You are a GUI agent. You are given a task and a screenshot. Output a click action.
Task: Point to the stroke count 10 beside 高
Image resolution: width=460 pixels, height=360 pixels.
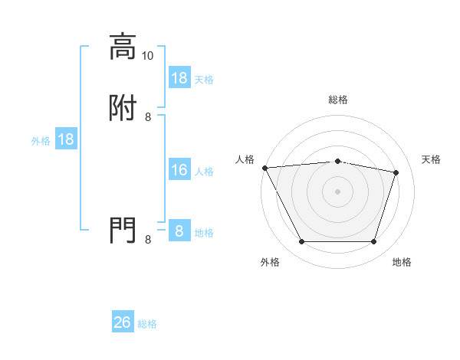coord(148,55)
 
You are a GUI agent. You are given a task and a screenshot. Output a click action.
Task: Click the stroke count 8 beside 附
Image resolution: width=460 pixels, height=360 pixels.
coord(148,116)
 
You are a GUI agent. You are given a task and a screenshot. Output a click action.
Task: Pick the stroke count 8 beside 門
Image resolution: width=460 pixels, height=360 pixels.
coord(148,239)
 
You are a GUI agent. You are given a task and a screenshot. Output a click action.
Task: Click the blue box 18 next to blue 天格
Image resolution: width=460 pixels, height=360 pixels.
coord(179,77)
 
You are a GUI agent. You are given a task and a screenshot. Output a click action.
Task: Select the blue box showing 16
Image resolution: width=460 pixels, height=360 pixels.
coord(179,170)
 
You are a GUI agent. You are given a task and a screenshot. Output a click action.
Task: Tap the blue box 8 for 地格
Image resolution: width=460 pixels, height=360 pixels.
coord(179,231)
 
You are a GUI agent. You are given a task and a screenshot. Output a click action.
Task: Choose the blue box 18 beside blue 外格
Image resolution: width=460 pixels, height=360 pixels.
coord(66,139)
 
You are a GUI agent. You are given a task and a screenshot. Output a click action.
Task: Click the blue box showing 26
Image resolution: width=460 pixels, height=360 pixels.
coord(123,322)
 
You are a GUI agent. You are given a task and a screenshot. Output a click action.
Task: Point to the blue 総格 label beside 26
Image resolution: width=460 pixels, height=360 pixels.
coord(147,324)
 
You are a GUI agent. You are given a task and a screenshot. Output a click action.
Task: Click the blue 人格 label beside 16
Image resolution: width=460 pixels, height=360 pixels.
coord(204,172)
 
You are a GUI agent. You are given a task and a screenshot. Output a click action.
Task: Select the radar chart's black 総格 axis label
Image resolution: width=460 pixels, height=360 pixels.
coord(338,100)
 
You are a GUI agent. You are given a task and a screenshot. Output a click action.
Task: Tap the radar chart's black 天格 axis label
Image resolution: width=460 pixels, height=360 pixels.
coord(431,159)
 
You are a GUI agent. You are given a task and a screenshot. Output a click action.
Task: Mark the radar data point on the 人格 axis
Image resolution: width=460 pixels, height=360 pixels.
coord(264,168)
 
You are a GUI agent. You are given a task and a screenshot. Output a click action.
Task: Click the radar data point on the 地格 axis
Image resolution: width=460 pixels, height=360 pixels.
coord(373,242)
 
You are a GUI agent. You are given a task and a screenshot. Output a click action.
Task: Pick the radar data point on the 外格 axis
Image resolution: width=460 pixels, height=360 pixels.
coord(301,242)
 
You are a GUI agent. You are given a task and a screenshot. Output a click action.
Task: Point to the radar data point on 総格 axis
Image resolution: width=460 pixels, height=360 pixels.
coord(338,161)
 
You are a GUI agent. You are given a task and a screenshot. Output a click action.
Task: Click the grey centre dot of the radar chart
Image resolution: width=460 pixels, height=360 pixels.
coord(338,191)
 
